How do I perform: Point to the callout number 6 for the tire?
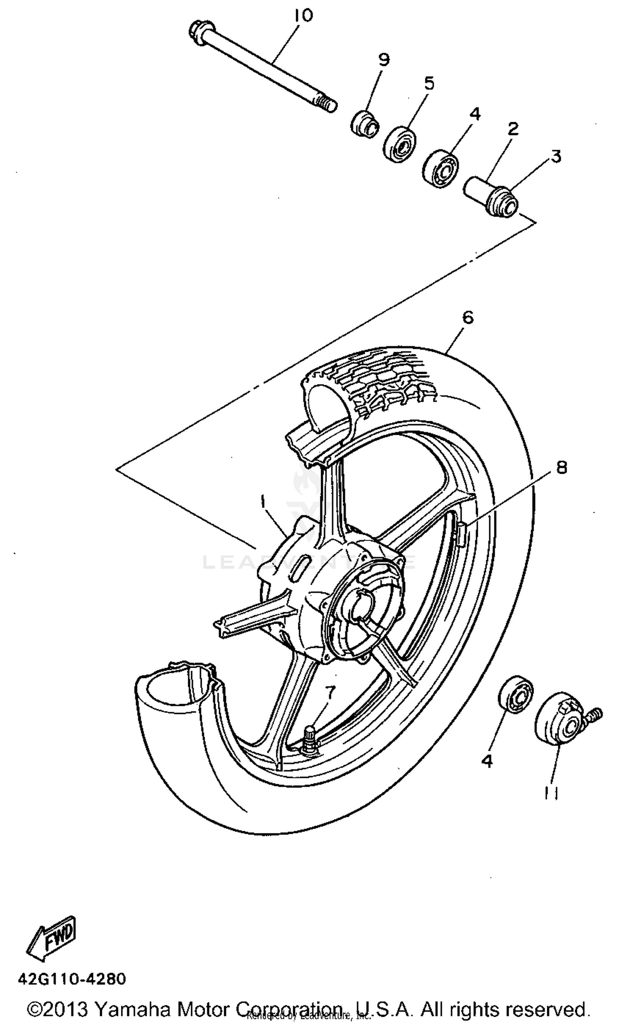(x=468, y=318)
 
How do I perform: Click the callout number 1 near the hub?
(x=263, y=502)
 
